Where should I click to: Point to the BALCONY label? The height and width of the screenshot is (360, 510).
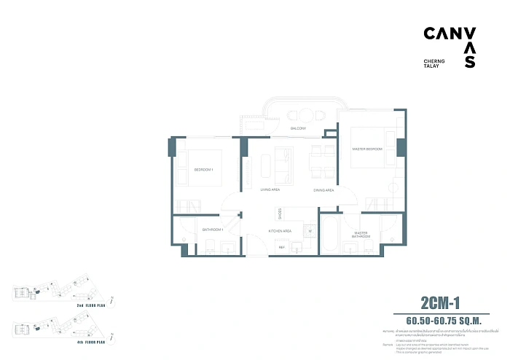pos(297,128)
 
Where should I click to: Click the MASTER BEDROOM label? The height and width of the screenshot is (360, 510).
pos(368,149)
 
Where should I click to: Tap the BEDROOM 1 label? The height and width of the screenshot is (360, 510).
pos(203,169)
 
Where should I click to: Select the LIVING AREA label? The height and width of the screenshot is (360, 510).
pos(270,189)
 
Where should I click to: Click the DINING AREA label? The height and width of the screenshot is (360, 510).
pos(323,189)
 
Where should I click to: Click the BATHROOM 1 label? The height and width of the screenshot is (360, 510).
pos(212,230)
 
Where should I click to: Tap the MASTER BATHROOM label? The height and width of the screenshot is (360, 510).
pos(361,235)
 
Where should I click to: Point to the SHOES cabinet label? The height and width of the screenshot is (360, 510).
pos(279,214)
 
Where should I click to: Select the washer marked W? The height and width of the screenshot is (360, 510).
pos(310,232)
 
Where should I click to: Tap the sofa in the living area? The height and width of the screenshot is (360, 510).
pos(281,165)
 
